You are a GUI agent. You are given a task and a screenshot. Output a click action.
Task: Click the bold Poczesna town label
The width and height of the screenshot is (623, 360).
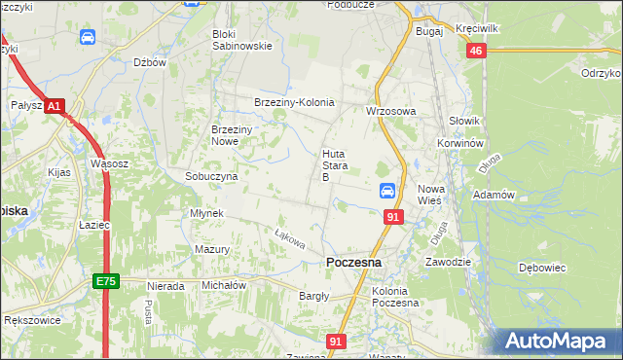click(x=353, y=263)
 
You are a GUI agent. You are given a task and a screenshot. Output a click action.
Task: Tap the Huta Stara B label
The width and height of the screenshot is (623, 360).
click(x=334, y=165)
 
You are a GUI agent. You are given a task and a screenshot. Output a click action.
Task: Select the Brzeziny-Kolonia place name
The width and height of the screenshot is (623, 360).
click(x=294, y=102)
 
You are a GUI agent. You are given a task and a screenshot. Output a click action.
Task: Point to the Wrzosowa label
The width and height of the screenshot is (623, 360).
click(x=390, y=111)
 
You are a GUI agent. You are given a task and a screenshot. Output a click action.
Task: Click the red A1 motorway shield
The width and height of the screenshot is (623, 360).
click(x=55, y=105)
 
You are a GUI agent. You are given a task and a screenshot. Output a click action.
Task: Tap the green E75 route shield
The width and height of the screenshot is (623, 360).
click(x=106, y=281)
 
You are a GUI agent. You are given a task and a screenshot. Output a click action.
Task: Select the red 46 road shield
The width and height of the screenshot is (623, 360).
click(x=476, y=52)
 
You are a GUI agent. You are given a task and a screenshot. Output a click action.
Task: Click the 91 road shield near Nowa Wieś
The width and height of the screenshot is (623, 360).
click(x=393, y=217)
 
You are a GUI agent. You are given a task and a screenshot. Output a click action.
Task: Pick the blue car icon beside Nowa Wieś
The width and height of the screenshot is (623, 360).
click(x=386, y=192)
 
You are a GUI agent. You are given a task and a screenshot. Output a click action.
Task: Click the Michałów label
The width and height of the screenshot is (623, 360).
click(x=224, y=286)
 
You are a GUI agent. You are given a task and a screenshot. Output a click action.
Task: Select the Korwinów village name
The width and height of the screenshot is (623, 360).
click(x=460, y=143)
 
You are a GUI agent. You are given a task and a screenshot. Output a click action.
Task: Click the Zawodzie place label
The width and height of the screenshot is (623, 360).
click(x=448, y=262)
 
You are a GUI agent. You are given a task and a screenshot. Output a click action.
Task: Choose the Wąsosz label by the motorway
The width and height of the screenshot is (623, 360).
click(x=109, y=163)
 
